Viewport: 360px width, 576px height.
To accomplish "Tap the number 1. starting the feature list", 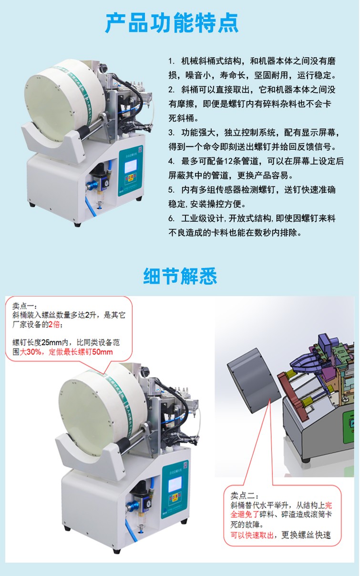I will click(x=172, y=62).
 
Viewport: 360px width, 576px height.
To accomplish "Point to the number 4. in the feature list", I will click(x=172, y=162).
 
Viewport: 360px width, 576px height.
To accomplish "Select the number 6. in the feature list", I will click(x=172, y=218).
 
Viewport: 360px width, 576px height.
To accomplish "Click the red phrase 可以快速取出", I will click(x=252, y=535).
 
